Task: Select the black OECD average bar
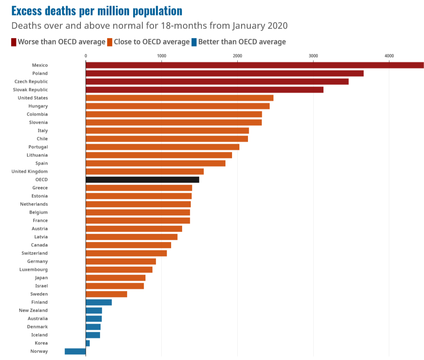[142, 179]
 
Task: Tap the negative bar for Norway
[75, 351]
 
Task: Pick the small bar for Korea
[88, 343]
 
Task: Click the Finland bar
[98, 302]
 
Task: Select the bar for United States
[179, 98]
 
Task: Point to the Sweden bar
[106, 294]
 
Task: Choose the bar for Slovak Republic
[204, 89]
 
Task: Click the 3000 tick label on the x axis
[313, 56]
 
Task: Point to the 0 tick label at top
[86, 56]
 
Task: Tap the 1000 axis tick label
[161, 56]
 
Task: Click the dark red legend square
[14, 42]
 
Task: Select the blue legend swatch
[194, 42]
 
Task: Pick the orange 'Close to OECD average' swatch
[109, 42]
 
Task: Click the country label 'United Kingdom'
[29, 171]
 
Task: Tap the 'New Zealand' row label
[33, 310]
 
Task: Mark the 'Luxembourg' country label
[33, 269]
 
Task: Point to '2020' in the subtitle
[274, 26]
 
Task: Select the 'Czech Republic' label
[31, 81]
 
